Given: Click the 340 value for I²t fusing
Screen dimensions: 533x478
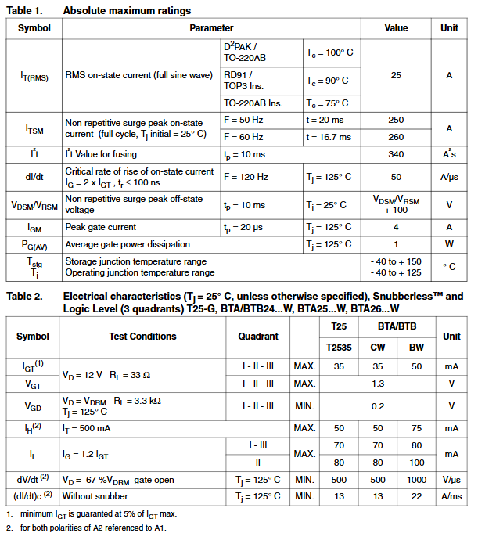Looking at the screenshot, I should tap(396, 154).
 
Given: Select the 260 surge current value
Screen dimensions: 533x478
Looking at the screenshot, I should tap(396, 137).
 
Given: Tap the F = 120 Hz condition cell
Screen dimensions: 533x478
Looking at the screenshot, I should tap(245, 177).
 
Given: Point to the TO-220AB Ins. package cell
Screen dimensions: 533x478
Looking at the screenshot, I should tap(253, 103).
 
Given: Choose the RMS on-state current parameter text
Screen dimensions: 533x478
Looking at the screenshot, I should tap(138, 76).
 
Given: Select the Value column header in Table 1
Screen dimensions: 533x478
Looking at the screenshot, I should tap(396, 28).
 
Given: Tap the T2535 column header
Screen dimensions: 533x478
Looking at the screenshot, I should tap(339, 346).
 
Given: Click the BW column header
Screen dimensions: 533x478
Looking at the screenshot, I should tap(416, 346).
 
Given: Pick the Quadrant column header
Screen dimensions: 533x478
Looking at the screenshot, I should tap(258, 336).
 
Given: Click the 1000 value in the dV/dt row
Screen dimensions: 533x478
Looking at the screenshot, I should tap(416, 480).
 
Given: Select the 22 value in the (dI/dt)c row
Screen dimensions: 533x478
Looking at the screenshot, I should tap(416, 496).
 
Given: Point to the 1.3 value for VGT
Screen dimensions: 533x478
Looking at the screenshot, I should tap(378, 384).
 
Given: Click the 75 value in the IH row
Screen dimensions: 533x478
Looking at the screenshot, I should tap(416, 428).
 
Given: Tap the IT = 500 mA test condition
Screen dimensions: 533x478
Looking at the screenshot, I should tap(87, 428).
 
